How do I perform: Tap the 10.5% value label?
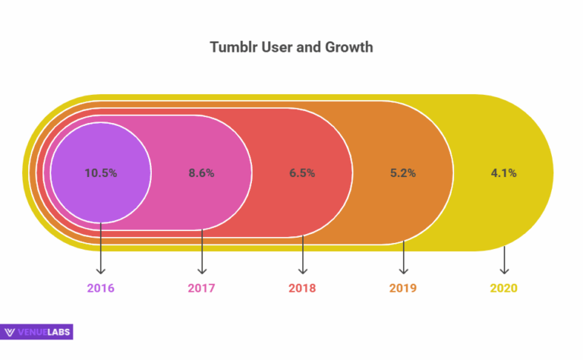click(x=101, y=172)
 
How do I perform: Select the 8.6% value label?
click(x=201, y=172)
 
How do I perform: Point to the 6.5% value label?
click(x=302, y=172)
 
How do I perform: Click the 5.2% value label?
click(x=403, y=172)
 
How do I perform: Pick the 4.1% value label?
click(x=504, y=172)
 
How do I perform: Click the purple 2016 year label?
click(x=101, y=289)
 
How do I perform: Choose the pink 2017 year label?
click(x=201, y=289)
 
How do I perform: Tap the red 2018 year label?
click(x=302, y=289)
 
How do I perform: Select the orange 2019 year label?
click(x=403, y=289)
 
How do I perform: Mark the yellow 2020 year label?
click(x=504, y=289)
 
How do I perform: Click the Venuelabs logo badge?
click(x=37, y=331)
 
